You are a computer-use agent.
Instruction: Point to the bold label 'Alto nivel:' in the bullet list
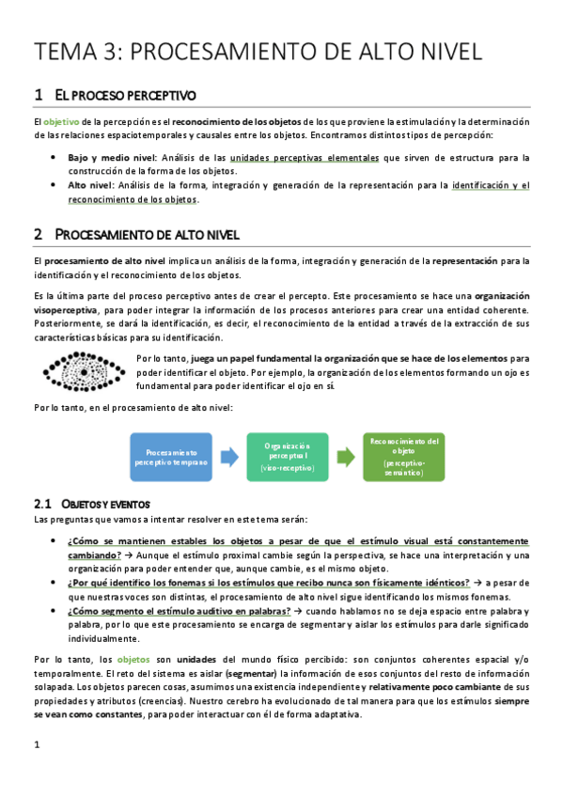[93, 185]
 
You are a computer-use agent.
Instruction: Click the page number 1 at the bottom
[36, 746]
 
